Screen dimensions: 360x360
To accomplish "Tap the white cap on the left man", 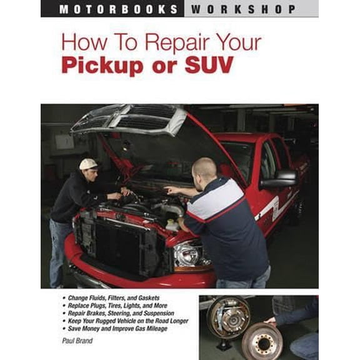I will pyautogui.click(x=88, y=164).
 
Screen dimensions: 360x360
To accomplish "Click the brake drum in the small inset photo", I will pyautogui.click(x=227, y=316).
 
